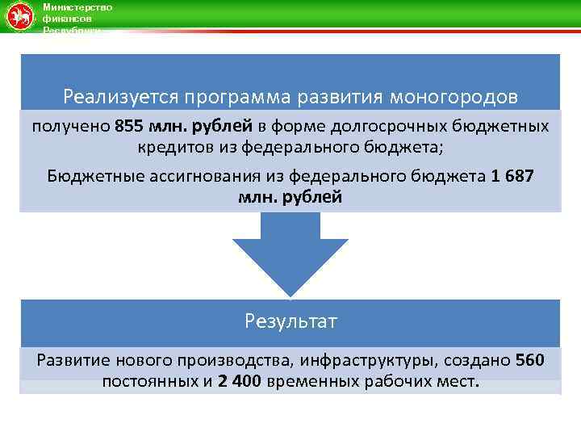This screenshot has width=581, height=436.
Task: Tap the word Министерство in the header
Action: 77,7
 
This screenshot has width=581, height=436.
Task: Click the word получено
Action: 71,127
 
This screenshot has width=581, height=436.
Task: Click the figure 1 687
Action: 512,177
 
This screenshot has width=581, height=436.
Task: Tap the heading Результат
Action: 290,321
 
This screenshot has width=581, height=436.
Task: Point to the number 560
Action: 529,360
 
